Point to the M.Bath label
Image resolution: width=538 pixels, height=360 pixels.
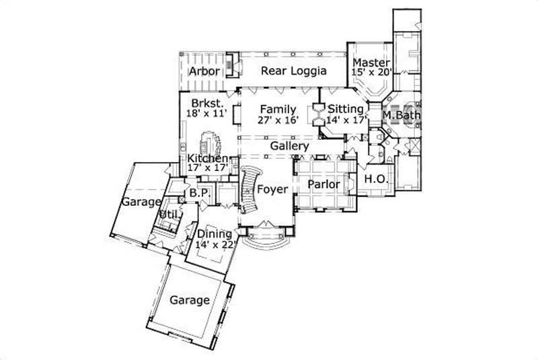401,116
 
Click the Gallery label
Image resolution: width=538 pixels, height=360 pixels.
290,145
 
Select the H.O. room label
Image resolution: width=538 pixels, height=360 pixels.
374,179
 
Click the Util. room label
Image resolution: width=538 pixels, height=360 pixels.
165,215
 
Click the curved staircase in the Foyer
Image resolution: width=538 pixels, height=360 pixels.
249,188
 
